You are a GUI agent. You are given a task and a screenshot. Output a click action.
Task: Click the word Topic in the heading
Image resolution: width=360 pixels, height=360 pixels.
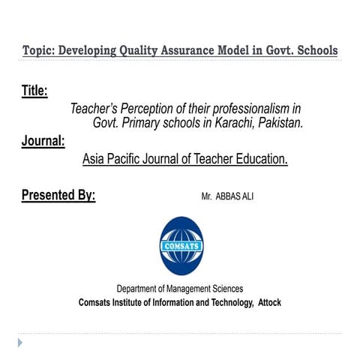tap(37, 51)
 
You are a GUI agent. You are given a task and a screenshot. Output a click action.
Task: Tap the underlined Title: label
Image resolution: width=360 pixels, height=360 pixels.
tap(34, 91)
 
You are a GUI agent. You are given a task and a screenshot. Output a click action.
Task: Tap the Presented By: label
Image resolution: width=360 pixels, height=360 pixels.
tap(58, 195)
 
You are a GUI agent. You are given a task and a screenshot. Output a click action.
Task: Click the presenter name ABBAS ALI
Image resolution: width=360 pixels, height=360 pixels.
tap(235, 196)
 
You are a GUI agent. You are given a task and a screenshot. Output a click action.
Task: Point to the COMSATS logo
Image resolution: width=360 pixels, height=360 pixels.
tap(181, 245)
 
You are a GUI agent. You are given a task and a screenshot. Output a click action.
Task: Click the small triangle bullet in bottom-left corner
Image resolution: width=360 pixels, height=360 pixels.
tap(21, 342)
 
